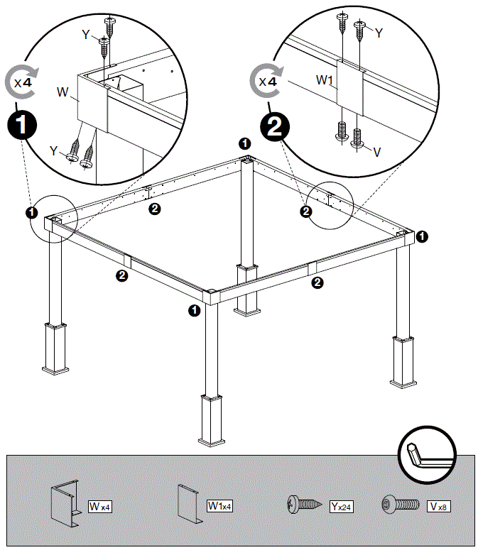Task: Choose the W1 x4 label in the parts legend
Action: point(219,506)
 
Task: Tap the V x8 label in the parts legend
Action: point(438,507)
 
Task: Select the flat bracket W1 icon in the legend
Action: point(190,504)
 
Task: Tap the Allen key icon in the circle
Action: point(428,454)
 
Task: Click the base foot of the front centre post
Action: point(213,441)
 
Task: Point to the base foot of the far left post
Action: point(55,368)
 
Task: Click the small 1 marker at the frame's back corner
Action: point(244,143)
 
